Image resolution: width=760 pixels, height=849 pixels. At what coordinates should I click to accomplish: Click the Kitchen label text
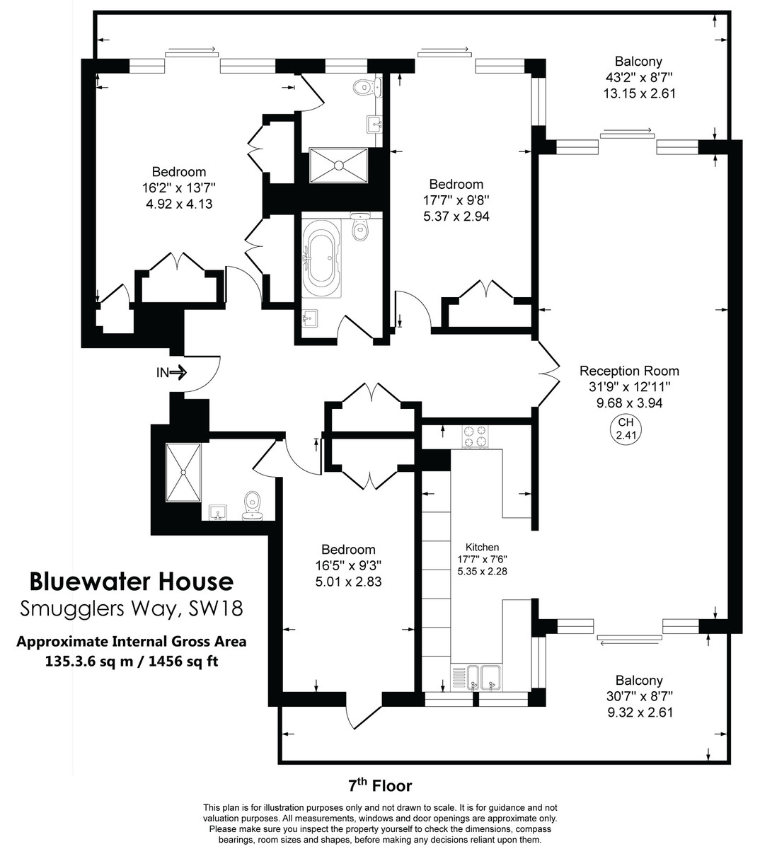pyautogui.click(x=482, y=547)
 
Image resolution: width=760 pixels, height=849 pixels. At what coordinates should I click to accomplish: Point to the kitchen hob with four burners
pyautogui.click(x=476, y=436)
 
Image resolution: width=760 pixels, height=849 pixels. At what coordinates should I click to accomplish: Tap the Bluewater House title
pyautogui.click(x=132, y=582)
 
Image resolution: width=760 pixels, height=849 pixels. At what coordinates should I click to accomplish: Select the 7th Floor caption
pyautogui.click(x=379, y=785)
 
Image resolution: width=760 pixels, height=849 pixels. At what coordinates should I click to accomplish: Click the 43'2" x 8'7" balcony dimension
pyautogui.click(x=638, y=78)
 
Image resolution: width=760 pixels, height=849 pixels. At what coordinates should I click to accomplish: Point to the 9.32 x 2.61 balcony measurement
pyautogui.click(x=639, y=713)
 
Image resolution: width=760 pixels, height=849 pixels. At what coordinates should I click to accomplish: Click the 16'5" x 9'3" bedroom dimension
pyautogui.click(x=348, y=566)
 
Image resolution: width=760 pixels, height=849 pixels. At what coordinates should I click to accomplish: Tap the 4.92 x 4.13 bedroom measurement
pyautogui.click(x=178, y=204)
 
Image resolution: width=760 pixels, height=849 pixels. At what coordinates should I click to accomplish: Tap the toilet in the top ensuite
pyautogui.click(x=366, y=88)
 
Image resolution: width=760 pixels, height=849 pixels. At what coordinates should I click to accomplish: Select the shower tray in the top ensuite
pyautogui.click(x=338, y=166)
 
